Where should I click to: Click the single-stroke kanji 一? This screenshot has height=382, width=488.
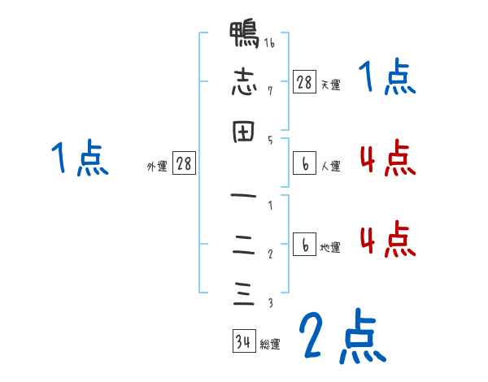pos(242,197)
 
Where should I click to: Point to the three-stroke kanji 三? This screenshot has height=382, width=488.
pos(242,293)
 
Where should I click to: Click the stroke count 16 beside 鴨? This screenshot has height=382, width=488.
pos(269,44)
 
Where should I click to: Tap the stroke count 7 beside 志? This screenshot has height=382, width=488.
pos(269,91)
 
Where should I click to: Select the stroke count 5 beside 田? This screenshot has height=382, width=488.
pos(269,140)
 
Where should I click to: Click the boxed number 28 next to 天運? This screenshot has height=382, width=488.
pos(304,81)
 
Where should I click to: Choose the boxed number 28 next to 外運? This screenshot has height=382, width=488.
pos(184,164)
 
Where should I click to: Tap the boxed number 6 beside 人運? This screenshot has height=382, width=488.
pos(304,164)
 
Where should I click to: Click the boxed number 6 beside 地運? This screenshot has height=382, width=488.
pos(304,245)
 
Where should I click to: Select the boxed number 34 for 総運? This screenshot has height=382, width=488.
pos(243,341)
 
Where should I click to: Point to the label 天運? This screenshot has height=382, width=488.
pos(330,85)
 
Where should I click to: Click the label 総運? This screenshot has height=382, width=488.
pos(270,345)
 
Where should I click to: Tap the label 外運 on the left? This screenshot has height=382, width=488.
pos(157,167)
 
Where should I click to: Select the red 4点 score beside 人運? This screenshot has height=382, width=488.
pos(387,158)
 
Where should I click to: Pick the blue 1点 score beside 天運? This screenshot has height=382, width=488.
pos(387,79)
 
